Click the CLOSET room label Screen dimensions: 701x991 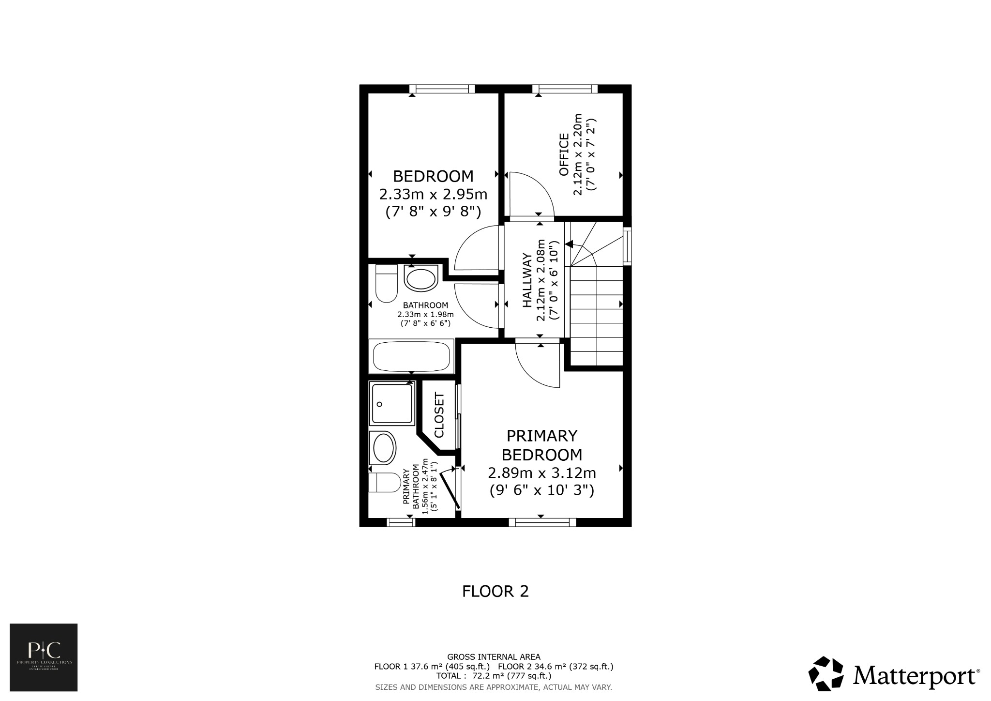[439, 415]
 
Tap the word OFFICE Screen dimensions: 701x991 [564, 155]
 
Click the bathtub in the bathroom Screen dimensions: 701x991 [411, 357]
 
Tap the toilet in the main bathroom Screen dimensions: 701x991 [386, 284]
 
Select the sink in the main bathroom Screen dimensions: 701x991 [420, 278]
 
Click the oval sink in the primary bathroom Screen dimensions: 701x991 [383, 447]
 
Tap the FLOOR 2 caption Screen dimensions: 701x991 [495, 592]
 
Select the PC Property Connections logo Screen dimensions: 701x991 [44, 657]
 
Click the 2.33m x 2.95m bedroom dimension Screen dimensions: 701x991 [433, 195]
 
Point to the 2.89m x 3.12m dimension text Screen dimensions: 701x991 [541, 472]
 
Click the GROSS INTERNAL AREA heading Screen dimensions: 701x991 [494, 657]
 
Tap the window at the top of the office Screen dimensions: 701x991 [565, 89]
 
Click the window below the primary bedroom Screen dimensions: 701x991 [542, 522]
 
